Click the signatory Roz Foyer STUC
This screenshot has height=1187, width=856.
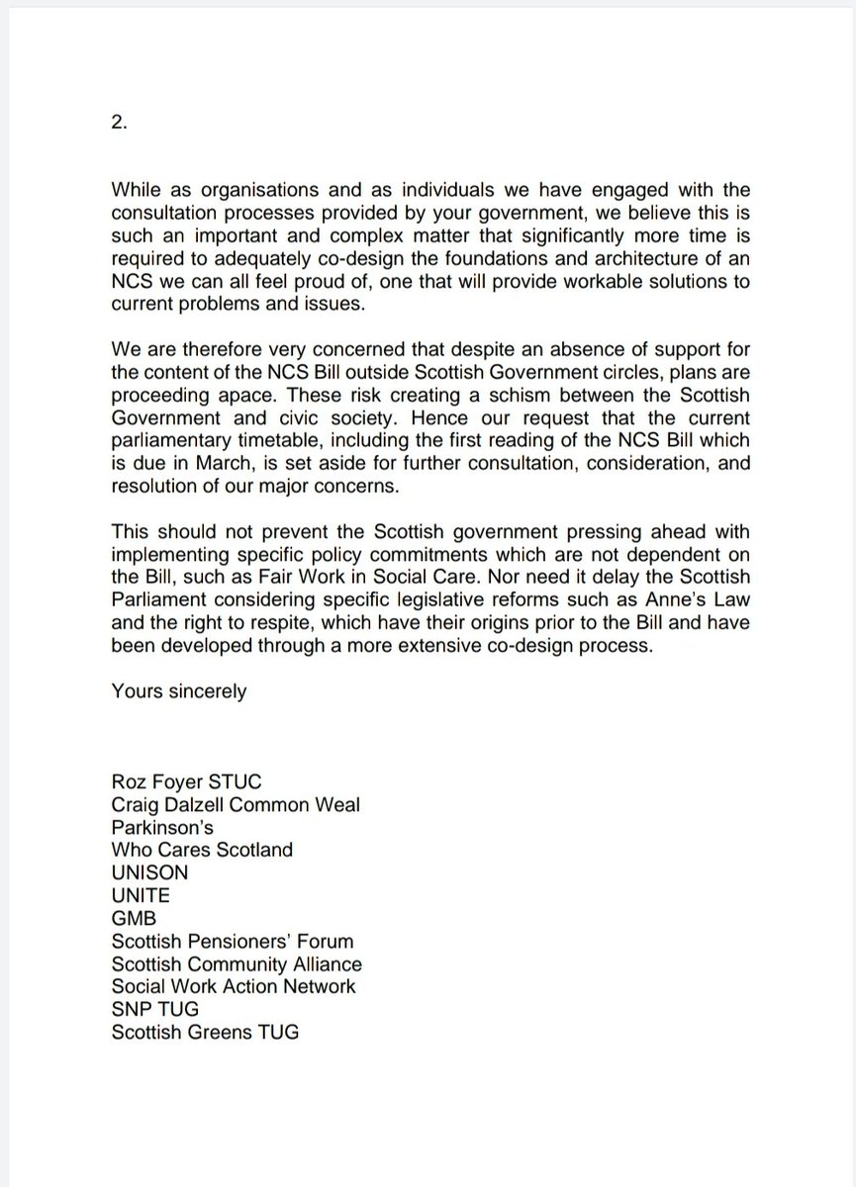tap(187, 782)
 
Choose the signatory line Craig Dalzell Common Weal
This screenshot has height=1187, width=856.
tap(236, 804)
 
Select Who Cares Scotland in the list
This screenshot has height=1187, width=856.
tap(202, 849)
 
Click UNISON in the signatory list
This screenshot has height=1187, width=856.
tap(149, 872)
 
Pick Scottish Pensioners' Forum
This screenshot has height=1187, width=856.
tap(233, 941)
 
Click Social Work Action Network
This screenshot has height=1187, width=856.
tap(234, 985)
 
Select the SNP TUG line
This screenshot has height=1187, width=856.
tap(155, 1009)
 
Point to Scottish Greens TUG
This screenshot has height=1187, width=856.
tap(205, 1032)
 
